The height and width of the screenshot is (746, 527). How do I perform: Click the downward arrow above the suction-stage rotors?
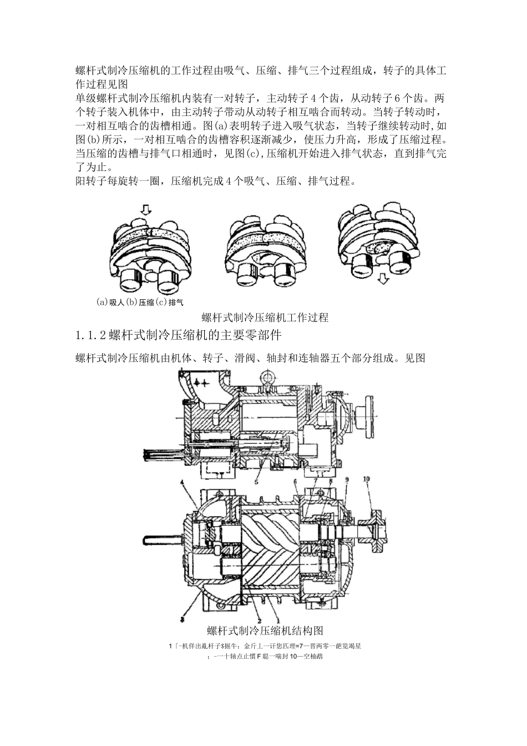pos(145,210)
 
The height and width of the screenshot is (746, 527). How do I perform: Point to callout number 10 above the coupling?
pos(367,478)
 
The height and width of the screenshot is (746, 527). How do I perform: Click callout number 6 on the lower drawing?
pos(296,481)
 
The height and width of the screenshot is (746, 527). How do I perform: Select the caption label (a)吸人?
pos(109,303)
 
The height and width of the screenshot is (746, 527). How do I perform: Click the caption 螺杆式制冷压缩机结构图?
pos(265,631)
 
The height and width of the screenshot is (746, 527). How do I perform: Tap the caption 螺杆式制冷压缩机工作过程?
pos(265,317)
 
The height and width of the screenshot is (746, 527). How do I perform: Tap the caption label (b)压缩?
pos(140,303)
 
